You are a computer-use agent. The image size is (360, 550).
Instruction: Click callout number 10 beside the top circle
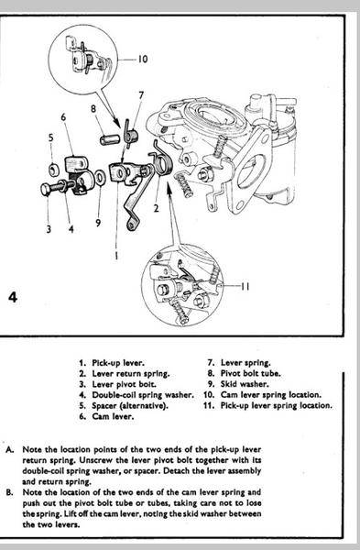142,59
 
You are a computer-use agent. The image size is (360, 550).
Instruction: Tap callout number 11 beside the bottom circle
245,286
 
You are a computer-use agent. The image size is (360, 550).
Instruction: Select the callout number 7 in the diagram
141,95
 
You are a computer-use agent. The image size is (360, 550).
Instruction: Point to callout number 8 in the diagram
93,109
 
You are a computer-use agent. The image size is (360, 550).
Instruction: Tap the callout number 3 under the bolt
49,229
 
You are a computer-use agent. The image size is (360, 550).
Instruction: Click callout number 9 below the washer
98,223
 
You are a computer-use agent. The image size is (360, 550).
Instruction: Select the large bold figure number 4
13,297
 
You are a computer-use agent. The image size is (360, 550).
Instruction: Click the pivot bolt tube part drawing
109,140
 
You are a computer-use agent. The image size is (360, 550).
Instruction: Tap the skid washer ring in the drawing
100,178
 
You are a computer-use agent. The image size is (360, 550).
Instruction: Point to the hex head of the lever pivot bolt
46,190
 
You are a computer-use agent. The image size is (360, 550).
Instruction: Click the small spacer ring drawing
54,170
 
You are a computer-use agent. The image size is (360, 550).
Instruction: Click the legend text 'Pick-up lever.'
118,363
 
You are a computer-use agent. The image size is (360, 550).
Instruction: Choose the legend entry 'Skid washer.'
245,384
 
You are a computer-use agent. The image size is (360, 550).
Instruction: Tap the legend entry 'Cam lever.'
113,416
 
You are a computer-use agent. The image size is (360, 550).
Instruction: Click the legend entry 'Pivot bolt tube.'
251,373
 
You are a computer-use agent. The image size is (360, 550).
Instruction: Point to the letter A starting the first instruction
10,450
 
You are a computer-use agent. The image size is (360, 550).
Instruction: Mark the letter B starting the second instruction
10,492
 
